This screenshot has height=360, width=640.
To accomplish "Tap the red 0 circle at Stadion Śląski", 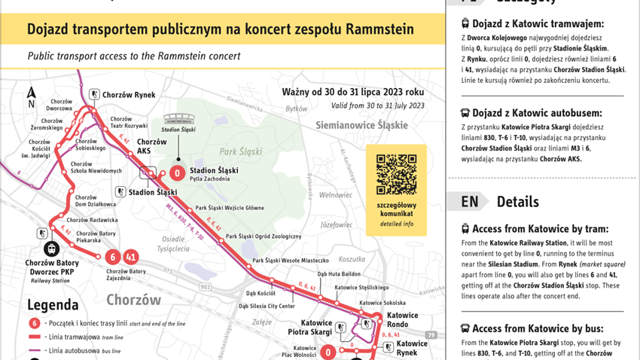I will click(177, 172).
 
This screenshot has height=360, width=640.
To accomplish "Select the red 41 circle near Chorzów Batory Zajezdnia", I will click(131, 257).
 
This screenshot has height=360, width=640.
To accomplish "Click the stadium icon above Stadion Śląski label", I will click(178, 118).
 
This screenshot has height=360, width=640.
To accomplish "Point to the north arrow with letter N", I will click(31, 97).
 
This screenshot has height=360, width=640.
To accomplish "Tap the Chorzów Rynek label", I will click(129, 95).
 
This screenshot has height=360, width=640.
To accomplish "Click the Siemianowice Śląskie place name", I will click(361, 125).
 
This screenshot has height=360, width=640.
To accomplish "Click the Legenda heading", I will click(53, 304).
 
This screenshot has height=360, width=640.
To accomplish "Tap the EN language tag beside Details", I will click(470, 202).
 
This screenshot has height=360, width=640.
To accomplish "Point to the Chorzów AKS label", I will click(152, 146).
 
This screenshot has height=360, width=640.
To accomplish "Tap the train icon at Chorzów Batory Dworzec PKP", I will click(52, 248).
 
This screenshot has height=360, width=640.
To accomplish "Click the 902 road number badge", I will click(206, 287).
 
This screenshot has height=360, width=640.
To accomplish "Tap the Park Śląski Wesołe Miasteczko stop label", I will click(291, 261).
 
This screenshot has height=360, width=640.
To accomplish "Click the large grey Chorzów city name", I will click(133, 299).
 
